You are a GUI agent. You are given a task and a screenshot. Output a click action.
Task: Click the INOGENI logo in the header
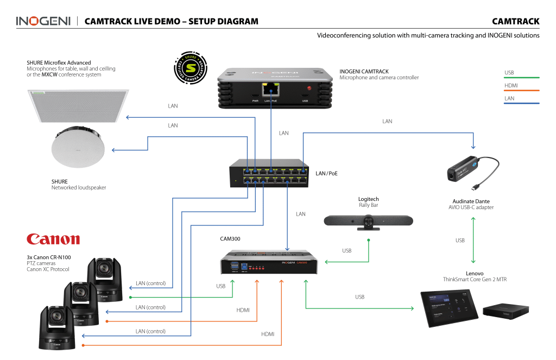click(x=43, y=21)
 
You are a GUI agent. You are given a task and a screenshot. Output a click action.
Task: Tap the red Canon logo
click(x=53, y=239)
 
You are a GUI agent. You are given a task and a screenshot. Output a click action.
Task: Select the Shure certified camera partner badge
click(x=189, y=68)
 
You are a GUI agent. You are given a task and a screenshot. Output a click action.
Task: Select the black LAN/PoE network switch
click(x=269, y=173)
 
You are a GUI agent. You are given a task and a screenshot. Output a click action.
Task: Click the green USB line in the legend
click(x=522, y=78)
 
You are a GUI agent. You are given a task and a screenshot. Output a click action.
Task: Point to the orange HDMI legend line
click(x=522, y=91)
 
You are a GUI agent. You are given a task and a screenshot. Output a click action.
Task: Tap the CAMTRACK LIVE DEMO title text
click(x=172, y=22)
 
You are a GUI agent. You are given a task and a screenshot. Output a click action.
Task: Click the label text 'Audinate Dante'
click(x=471, y=201)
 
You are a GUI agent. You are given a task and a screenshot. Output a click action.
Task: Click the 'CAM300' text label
click(x=230, y=238)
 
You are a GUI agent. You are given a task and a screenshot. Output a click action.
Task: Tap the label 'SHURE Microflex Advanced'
click(x=59, y=63)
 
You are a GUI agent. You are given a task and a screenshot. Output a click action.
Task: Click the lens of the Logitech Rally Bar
click(x=369, y=220)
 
